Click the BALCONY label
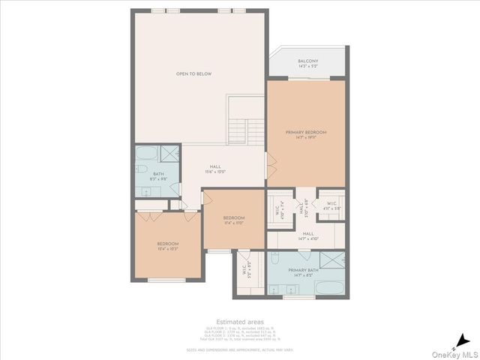tap(307, 61)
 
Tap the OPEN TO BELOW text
tap(193, 74)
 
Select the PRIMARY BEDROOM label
tap(306, 132)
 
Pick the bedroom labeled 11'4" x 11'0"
tap(233, 218)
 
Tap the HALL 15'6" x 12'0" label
tap(215, 169)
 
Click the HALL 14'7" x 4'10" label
tap(307, 235)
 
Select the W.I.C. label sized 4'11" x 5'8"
tap(332, 205)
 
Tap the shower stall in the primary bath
tap(333, 262)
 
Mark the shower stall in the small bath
tap(170, 154)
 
